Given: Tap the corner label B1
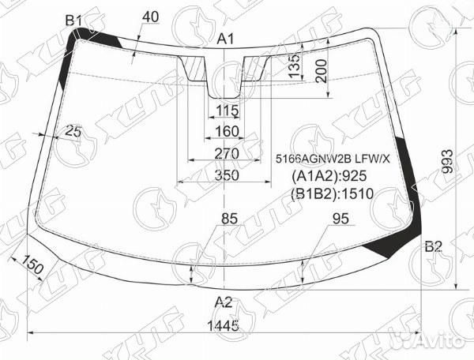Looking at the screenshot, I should pos(74,21).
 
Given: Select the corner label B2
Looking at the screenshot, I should pos(433,246).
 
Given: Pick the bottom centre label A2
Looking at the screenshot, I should pos(224,301).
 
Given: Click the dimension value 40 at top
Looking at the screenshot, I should pos(152,16).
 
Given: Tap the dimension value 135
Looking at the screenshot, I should pos(294,66).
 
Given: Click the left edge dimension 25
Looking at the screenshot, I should pos(73,130).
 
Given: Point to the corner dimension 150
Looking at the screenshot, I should pos(32,266).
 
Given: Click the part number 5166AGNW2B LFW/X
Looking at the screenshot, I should pos(333,158).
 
